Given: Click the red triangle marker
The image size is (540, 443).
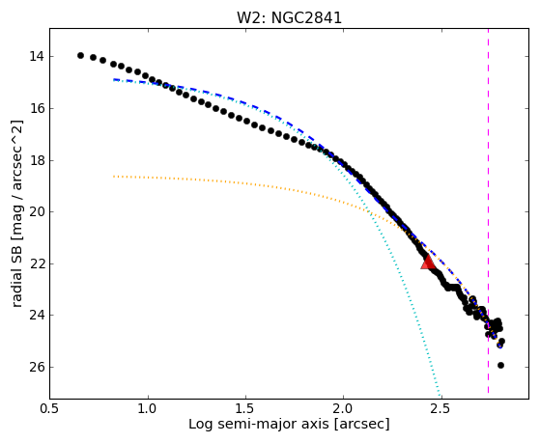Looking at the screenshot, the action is (428, 263).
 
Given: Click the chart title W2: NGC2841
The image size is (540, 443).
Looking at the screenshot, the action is (289, 18).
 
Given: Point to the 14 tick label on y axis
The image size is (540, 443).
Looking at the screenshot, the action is (37, 56).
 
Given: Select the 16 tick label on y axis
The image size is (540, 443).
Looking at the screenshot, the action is (37, 109).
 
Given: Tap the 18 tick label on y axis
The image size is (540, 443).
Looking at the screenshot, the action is (37, 161).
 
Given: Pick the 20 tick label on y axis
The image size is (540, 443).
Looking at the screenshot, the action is (37, 212).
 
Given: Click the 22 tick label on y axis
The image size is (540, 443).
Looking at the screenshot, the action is (37, 264).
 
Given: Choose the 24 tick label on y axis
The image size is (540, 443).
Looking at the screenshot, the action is (37, 316).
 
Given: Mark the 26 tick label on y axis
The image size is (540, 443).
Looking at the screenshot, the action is (37, 368).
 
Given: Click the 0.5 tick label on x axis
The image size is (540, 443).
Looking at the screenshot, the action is (50, 408).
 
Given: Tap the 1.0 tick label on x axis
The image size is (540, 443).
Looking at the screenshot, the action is (148, 408).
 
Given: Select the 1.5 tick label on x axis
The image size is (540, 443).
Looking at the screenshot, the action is (245, 408).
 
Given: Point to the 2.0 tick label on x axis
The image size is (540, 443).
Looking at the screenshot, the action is (344, 408).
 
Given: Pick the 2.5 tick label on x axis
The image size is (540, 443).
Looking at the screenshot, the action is (441, 408).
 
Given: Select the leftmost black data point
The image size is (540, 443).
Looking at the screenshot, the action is (80, 55).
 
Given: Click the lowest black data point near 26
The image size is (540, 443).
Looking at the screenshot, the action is (500, 365).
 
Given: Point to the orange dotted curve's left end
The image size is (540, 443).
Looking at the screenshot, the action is (114, 177).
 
